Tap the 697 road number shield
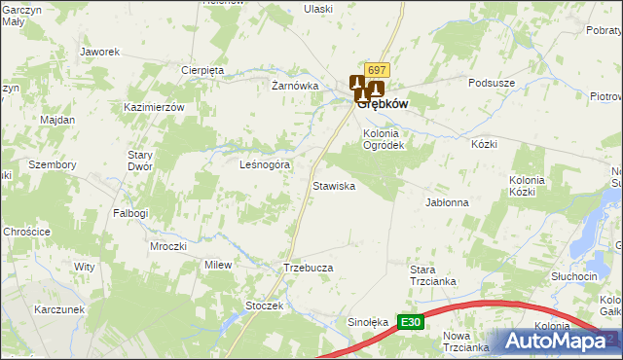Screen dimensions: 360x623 point(379,71)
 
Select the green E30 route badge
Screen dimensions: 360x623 point(412,322)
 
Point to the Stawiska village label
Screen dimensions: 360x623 point(333,185)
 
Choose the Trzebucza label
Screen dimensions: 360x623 point(309,268)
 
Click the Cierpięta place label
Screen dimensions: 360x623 point(203,70)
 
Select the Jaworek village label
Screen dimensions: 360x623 point(99,52)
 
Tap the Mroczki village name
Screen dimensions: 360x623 point(168,246)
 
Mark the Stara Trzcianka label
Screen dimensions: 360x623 point(432,275)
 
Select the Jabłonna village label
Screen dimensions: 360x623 point(448,202)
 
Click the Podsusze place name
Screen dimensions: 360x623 point(492,84)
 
